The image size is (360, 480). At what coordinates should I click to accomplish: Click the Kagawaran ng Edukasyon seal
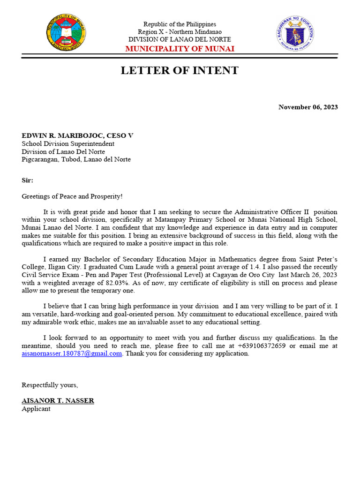[x=295, y=34]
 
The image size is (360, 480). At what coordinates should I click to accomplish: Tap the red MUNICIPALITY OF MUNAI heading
[x=180, y=49]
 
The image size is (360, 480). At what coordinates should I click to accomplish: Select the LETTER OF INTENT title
[x=180, y=71]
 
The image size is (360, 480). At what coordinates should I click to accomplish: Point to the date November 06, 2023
[x=308, y=107]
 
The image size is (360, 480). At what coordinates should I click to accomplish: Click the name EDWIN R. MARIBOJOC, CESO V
[x=77, y=135]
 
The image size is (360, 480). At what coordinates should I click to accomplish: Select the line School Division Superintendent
[x=68, y=144]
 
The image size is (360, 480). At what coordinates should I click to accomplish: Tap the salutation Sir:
[x=28, y=180]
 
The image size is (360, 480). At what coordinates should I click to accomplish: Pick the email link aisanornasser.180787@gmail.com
[x=72, y=354]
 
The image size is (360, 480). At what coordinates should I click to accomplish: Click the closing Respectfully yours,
[x=50, y=385]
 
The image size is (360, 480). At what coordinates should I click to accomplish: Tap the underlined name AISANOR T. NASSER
[x=58, y=401]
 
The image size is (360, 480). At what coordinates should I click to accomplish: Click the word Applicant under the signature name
[x=36, y=409]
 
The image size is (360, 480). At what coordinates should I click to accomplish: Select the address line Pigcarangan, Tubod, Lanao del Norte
[x=76, y=159]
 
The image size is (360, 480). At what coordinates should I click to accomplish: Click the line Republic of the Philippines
[x=180, y=24]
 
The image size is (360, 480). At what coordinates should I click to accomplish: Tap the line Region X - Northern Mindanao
[x=180, y=32]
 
